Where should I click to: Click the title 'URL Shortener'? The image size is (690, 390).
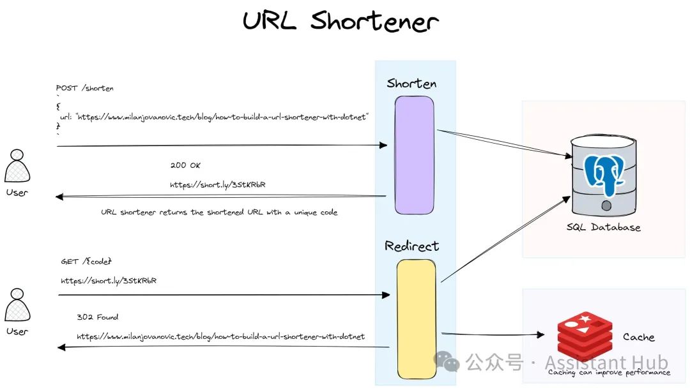point(341,21)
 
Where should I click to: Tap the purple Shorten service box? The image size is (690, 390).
point(414,154)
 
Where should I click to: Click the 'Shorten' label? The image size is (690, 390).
point(411,84)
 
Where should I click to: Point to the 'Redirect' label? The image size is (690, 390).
point(411,246)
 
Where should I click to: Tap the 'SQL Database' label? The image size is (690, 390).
point(603,227)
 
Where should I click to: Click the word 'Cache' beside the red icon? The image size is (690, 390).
point(638,337)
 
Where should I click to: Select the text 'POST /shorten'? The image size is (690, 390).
point(85,88)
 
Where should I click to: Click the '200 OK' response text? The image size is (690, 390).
point(185,165)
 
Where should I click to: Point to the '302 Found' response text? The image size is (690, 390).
point(97,317)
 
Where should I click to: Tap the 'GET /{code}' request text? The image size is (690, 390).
point(86,262)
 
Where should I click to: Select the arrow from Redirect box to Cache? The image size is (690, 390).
point(492,334)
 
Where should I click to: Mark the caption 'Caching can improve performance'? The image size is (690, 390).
point(609,372)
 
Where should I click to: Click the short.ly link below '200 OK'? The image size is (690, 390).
point(217,184)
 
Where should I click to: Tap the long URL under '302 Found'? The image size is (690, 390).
point(220,336)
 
